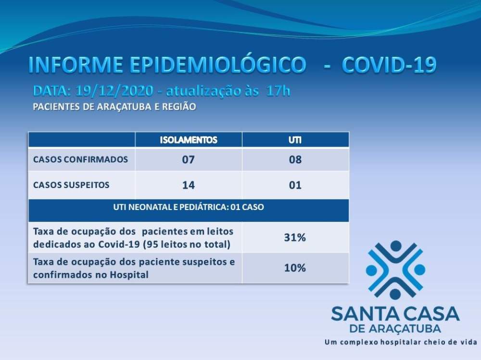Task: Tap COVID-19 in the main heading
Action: pyautogui.click(x=389, y=65)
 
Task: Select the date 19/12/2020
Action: pyautogui.click(x=114, y=91)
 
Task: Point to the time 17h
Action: pyautogui.click(x=278, y=91)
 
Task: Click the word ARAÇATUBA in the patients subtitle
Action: pyautogui.click(x=124, y=107)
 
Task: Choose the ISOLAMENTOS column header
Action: pyautogui.click(x=189, y=140)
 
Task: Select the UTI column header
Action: pyautogui.click(x=295, y=140)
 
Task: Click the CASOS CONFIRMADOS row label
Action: pyautogui.click(x=80, y=160)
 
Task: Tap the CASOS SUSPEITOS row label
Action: pyautogui.click(x=71, y=185)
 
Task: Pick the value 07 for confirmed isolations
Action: pyautogui.click(x=189, y=160)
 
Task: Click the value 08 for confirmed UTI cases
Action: pyautogui.click(x=295, y=160)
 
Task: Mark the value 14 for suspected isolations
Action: pyautogui.click(x=189, y=185)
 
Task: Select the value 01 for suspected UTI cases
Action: pyautogui.click(x=295, y=185)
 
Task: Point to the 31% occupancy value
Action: pyautogui.click(x=295, y=237)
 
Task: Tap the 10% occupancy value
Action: pyautogui.click(x=295, y=268)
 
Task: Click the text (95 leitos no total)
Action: pyautogui.click(x=187, y=244)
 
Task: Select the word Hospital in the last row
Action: pyautogui.click(x=129, y=275)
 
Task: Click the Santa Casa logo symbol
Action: pyautogui.click(x=396, y=270)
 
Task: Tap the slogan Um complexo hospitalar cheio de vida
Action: pyautogui.click(x=401, y=342)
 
